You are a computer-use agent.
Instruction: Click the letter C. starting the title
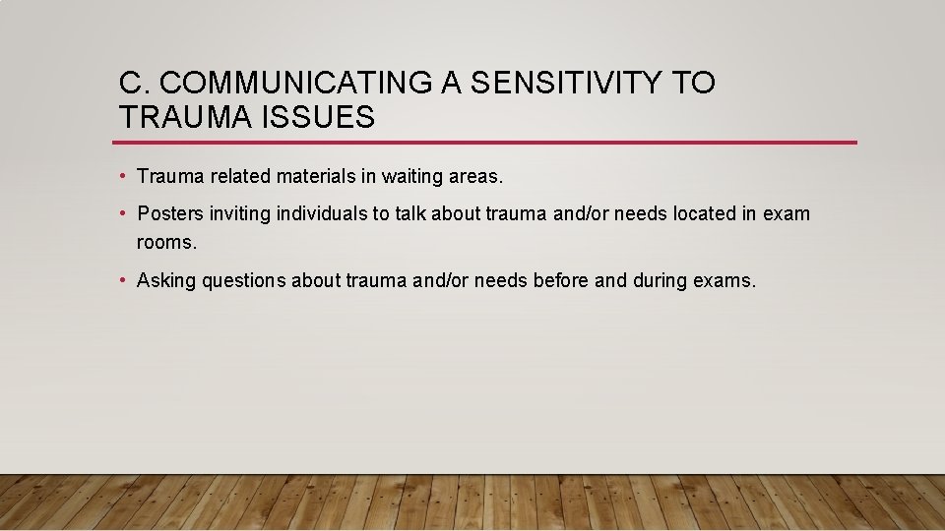click(x=130, y=85)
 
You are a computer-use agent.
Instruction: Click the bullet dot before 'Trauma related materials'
click(x=123, y=177)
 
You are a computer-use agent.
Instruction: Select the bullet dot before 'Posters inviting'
click(x=123, y=213)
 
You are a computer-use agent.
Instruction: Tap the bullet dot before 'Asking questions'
click(x=123, y=280)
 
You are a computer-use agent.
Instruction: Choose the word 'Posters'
click(x=171, y=213)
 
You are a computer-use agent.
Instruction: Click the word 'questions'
click(x=242, y=281)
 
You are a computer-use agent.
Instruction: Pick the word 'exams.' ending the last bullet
click(x=725, y=281)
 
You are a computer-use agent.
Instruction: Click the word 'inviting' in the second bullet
click(x=240, y=213)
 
